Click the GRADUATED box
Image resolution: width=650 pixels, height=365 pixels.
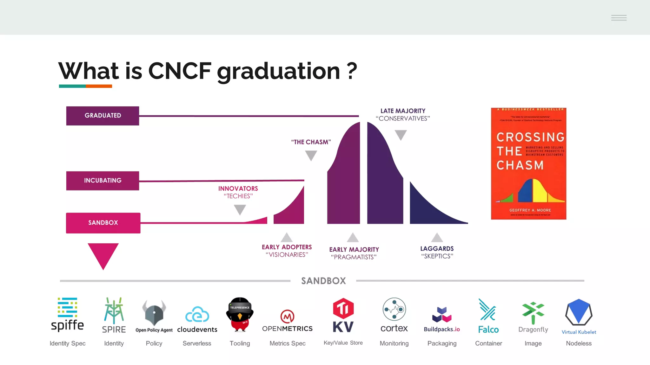coord(103,116)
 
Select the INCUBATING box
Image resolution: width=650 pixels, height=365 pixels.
coord(103,181)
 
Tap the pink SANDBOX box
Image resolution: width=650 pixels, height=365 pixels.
coord(103,223)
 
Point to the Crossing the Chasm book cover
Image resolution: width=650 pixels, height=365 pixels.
coord(528,163)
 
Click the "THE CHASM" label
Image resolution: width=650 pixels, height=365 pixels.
coord(311,142)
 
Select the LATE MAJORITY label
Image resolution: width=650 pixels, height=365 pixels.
coord(403,111)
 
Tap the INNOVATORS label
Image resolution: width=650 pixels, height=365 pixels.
coord(238,189)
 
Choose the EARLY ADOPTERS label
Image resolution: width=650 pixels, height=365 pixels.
coord(287,247)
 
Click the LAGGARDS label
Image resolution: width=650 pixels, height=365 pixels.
coord(437,249)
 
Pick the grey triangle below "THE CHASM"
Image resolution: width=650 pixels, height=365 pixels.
coord(311,155)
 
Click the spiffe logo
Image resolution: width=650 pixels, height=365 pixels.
coord(67,314)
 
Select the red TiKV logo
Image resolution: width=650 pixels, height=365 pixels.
coord(343,315)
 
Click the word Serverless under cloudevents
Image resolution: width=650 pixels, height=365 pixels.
coord(197,343)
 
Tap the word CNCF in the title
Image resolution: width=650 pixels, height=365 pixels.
coord(180,71)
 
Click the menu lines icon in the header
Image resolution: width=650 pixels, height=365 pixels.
coord(619,18)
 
